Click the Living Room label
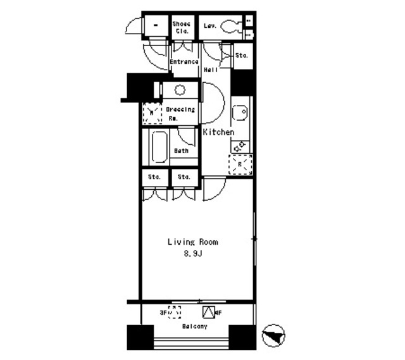click(x=193, y=242)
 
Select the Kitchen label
click(x=219, y=132)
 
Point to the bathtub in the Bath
click(x=159, y=147)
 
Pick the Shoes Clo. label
click(x=182, y=27)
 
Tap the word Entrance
click(x=185, y=62)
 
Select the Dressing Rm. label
click(x=180, y=113)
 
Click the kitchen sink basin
click(x=240, y=113)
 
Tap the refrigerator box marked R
click(x=240, y=164)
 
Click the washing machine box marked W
click(x=152, y=114)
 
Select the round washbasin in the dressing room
click(x=180, y=89)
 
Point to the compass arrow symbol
click(x=274, y=335)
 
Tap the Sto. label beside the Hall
click(x=240, y=56)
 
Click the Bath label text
click(x=182, y=151)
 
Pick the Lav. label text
click(x=210, y=26)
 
